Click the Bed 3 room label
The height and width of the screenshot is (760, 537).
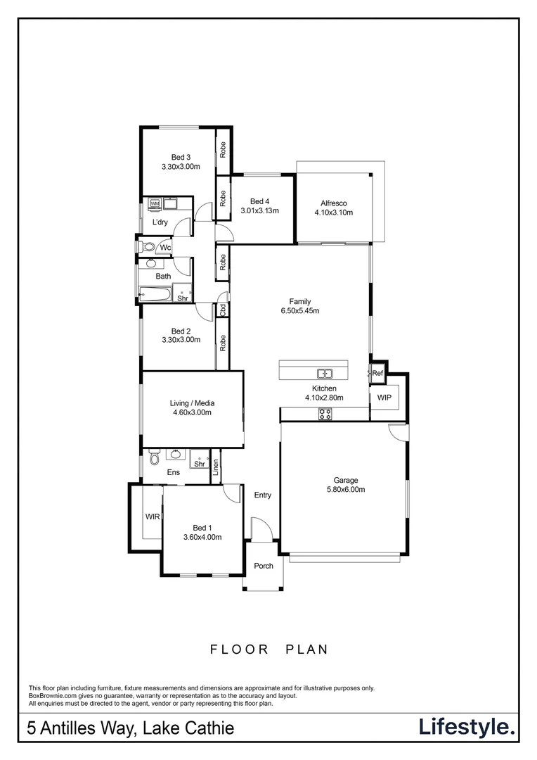tap(181, 157)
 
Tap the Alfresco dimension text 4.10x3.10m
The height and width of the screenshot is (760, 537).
tap(334, 213)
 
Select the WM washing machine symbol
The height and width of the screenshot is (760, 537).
tap(155, 204)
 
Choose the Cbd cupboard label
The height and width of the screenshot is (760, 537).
tap(222, 308)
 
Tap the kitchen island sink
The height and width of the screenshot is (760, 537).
tap(324, 373)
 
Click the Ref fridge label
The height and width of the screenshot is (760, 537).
tap(377, 374)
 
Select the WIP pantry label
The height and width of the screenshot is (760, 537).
tap(384, 398)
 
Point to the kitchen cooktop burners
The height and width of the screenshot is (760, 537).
tap(325, 414)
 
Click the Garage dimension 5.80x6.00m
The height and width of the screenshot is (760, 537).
tap(346, 489)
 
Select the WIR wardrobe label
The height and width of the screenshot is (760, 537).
tap(152, 517)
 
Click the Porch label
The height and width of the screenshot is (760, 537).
tap(264, 566)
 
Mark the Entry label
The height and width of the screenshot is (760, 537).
tap(262, 495)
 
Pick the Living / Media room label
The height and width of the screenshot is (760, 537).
tap(192, 403)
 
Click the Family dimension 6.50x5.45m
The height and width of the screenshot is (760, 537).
tap(300, 311)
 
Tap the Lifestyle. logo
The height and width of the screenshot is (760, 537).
tap(467, 727)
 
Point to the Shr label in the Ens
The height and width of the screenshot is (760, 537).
tap(199, 464)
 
